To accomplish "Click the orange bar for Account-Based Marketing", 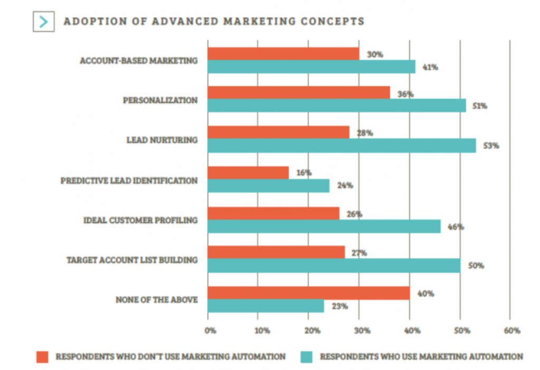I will (x=283, y=54).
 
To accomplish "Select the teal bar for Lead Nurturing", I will (x=342, y=146).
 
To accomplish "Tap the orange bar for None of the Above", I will (x=308, y=293).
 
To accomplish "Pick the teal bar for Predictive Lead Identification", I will (x=268, y=186).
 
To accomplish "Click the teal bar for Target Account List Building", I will (x=334, y=265).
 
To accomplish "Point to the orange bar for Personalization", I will (x=298, y=93).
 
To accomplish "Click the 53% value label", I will (x=491, y=146).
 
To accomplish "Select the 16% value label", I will (x=304, y=173).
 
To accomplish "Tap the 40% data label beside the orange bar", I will (x=426, y=293).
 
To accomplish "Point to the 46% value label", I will (x=456, y=227).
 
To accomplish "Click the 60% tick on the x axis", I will (x=512, y=331).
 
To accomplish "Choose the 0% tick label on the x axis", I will (x=210, y=331).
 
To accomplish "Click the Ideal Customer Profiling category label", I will (x=141, y=220).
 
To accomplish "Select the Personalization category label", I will (x=160, y=100).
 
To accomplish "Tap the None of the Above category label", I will (x=157, y=300).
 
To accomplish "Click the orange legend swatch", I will (x=43, y=356).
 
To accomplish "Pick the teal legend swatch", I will (x=307, y=356).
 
